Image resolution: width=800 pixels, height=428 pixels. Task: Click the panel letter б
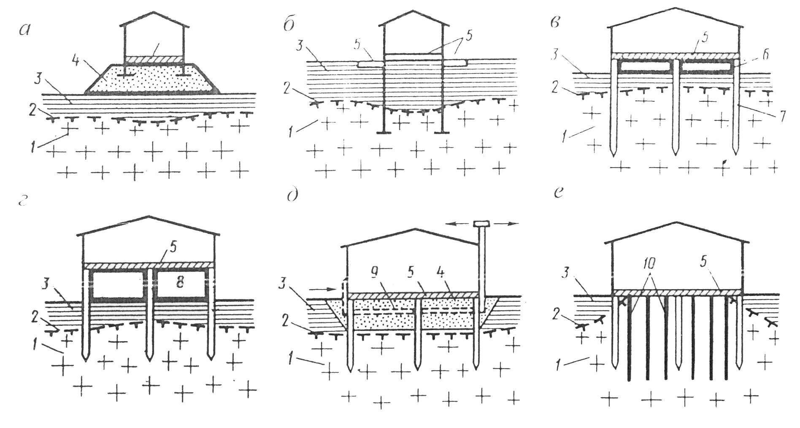click(x=289, y=25)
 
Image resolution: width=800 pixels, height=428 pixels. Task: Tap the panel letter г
click(x=24, y=202)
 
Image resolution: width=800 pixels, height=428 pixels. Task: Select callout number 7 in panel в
click(x=781, y=116)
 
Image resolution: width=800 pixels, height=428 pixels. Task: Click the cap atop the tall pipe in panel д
click(x=481, y=223)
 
